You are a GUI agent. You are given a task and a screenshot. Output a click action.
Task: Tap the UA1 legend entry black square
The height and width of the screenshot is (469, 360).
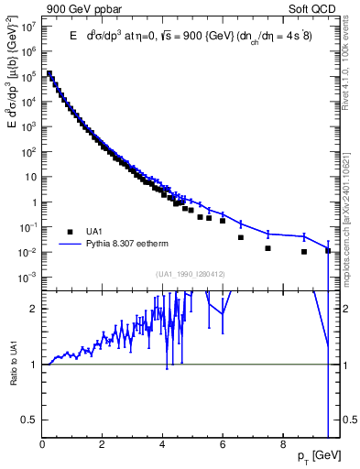point(70,232)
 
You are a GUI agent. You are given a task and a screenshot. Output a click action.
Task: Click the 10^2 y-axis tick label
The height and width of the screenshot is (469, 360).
point(29,152)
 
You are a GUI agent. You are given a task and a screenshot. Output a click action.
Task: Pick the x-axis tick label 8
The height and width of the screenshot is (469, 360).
point(282,444)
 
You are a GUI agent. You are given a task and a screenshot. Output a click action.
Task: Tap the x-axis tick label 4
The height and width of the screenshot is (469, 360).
point(162,444)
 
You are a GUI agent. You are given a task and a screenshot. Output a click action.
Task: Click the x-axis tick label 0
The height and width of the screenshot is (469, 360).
point(43,444)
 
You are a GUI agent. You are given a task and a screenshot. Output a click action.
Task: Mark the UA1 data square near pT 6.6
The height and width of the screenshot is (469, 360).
point(241,237)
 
